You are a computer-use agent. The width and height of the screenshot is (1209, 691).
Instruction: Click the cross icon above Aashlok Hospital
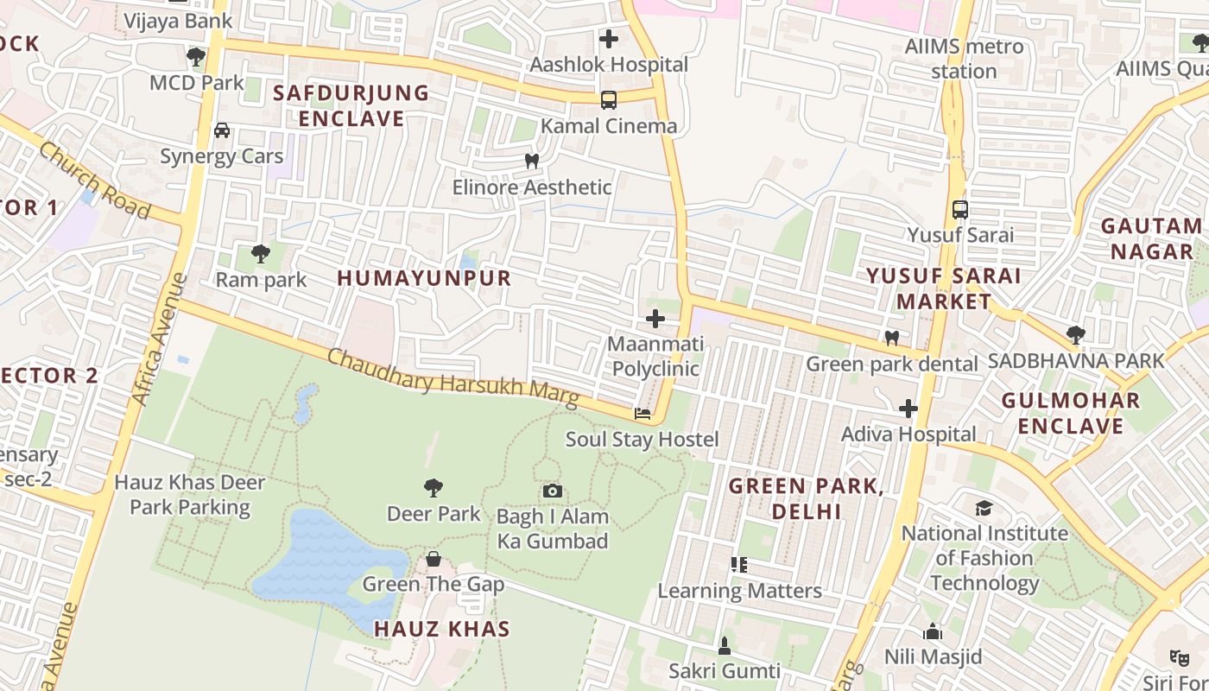click(609, 39)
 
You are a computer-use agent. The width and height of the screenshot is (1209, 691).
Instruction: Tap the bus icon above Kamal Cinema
click(609, 100)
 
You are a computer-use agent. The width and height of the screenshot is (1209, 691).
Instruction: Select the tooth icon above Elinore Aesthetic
click(532, 161)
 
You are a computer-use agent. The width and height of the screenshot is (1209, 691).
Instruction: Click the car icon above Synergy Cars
click(222, 130)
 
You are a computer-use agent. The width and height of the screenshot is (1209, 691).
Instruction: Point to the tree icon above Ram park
click(260, 253)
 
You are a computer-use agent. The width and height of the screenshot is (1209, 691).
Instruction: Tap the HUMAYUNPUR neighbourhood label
click(424, 278)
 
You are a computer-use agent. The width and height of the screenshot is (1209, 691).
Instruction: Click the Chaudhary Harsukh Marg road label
click(453, 377)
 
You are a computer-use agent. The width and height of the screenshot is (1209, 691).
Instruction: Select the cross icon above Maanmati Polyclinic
click(655, 319)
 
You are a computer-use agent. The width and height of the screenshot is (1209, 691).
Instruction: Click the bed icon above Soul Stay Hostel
click(642, 414)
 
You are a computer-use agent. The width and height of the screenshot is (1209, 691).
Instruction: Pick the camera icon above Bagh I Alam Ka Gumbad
click(553, 491)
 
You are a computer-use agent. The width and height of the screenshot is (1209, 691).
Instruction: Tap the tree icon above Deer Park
click(434, 488)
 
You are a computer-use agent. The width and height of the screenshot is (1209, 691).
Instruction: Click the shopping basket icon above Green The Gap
click(434, 559)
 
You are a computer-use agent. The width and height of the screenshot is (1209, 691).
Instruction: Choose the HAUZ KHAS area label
click(442, 629)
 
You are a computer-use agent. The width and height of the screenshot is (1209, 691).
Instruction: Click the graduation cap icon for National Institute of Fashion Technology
click(984, 508)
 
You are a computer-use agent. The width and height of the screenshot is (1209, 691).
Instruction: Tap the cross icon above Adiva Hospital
click(908, 409)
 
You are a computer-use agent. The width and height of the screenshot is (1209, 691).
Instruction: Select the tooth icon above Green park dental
click(892, 338)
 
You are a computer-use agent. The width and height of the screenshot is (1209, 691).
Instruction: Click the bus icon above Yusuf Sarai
click(959, 209)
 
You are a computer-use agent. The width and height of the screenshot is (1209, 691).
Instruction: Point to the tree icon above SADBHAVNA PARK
click(1075, 334)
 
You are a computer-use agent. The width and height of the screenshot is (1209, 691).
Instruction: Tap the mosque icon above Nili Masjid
click(933, 631)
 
